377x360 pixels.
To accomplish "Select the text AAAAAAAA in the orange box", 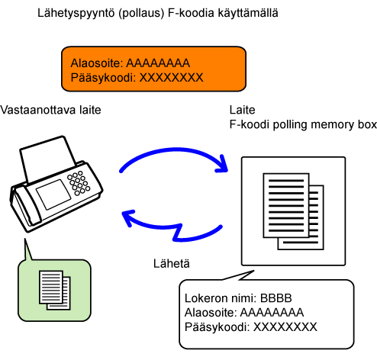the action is (158, 63).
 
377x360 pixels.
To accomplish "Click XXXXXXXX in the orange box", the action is (172, 78).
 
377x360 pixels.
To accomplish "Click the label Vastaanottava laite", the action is (50, 110).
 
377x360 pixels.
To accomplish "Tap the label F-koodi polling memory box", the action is (303, 124).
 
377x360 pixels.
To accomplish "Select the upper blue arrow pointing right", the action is (174, 149).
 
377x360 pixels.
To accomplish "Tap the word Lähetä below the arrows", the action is (172, 264).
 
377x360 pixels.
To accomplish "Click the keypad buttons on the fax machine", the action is (79, 183).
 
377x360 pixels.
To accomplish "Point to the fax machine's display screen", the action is (53, 194).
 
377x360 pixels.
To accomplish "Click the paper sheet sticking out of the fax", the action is (47, 158).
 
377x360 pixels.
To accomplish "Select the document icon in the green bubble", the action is (55, 290).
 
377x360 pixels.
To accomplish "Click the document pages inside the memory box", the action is (293, 211).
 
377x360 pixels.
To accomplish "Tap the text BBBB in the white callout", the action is (276, 298).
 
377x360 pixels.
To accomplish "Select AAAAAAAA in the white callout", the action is (272, 313).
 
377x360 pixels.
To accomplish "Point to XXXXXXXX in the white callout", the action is (285, 327).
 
